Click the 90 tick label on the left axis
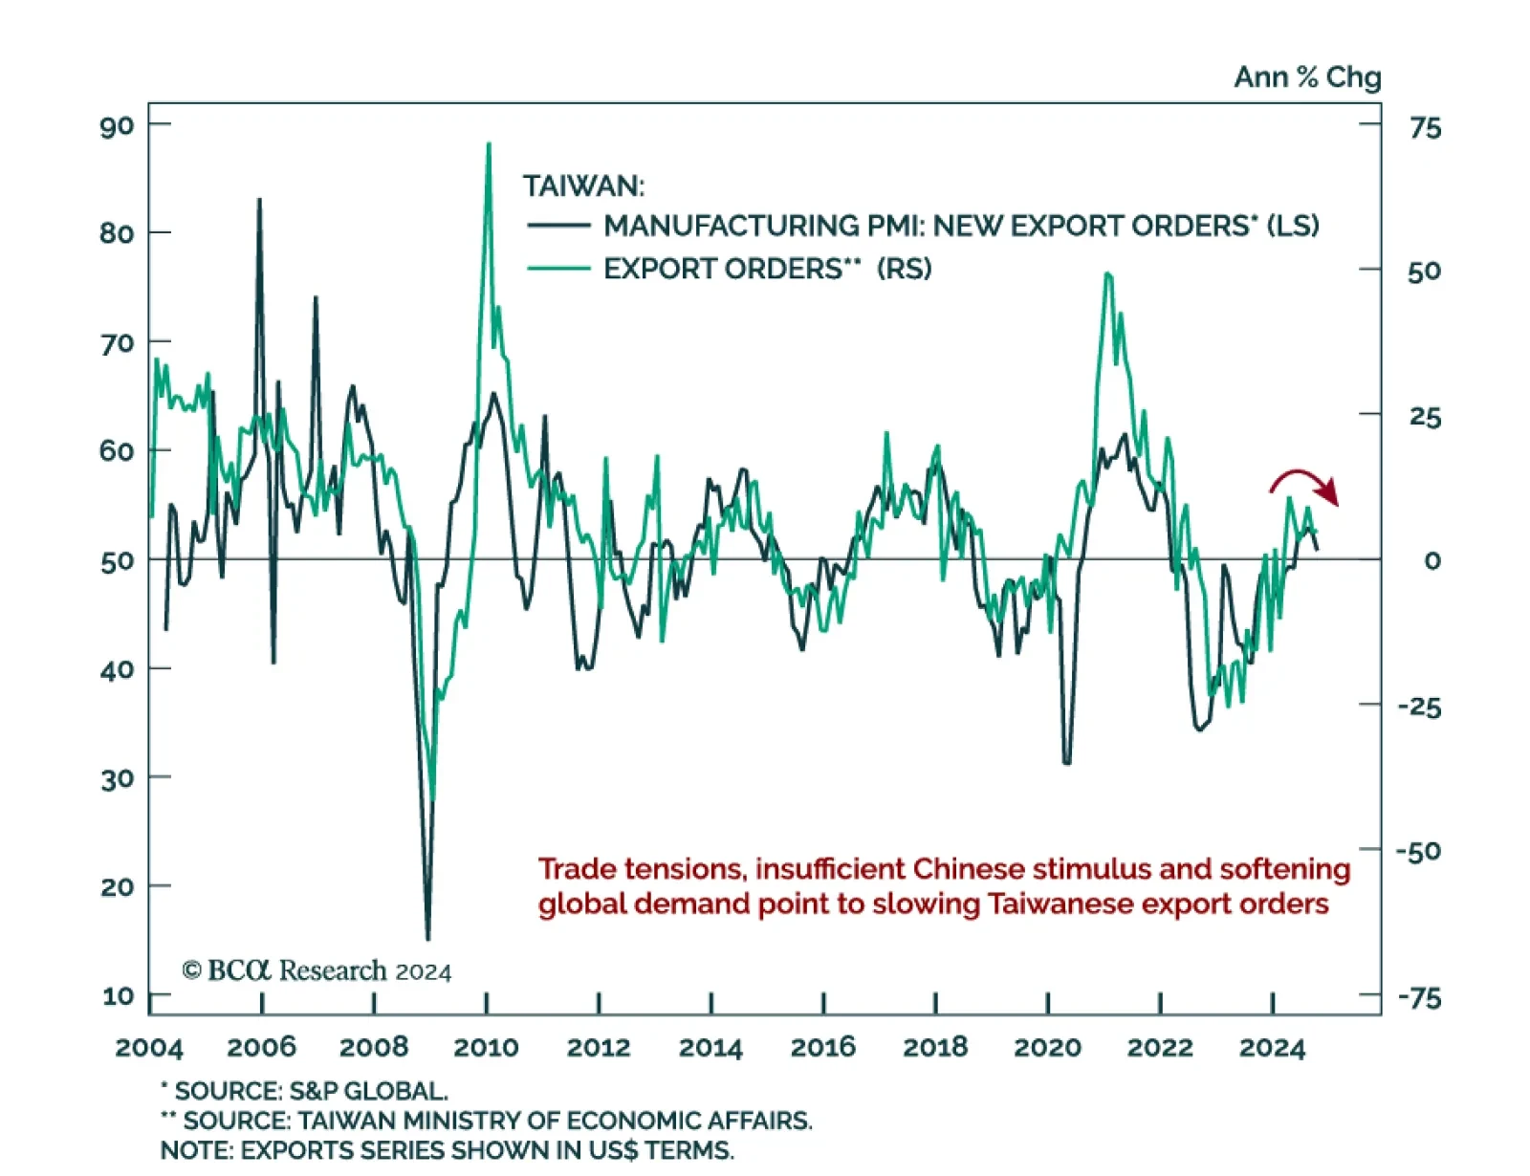[117, 126]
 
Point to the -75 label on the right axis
[1419, 998]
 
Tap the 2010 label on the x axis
[486, 1047]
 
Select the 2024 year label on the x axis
[1272, 1048]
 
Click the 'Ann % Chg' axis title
[1307, 76]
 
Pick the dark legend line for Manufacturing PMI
[558, 226]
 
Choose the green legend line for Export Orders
[558, 269]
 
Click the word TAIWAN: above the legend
[583, 185]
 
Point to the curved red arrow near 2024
[1304, 483]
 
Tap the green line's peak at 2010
[489, 145]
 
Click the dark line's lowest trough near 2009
[427, 937]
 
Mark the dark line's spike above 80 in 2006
[259, 201]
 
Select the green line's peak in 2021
[1106, 275]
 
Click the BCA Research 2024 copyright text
[317, 970]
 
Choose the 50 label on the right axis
[1424, 272]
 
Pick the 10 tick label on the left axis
[118, 995]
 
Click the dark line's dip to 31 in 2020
[1066, 762]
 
